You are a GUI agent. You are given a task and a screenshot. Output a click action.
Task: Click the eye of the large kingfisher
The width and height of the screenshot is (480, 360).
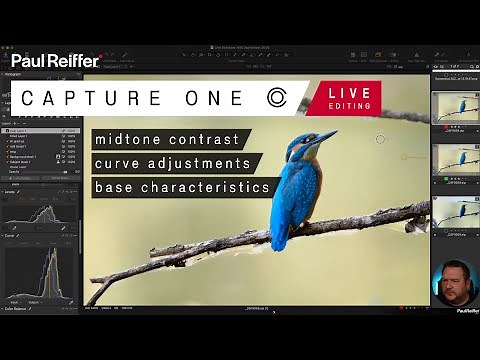(301, 140)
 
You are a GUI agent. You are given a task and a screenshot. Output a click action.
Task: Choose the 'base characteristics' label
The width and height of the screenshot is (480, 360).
(182, 187)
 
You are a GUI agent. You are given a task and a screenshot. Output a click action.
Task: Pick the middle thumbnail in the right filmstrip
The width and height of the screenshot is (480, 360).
(455, 162)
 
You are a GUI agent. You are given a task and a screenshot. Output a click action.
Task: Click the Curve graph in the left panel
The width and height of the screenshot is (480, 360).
(40, 272)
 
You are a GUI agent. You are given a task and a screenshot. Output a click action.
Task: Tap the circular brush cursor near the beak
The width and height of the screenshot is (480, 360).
(380, 139)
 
